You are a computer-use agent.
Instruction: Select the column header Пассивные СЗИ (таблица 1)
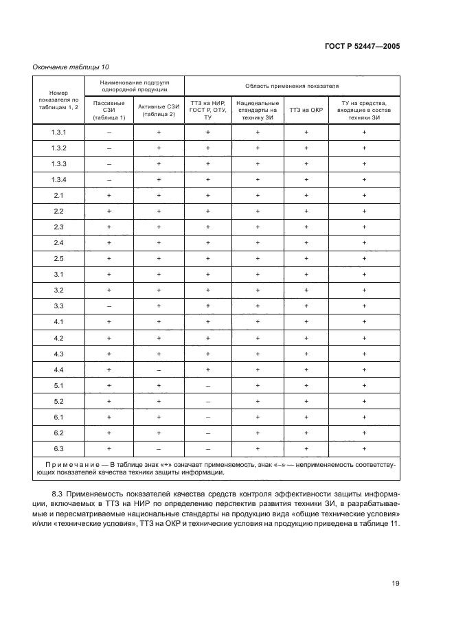(109, 109)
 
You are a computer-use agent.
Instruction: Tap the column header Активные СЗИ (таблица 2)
(158, 109)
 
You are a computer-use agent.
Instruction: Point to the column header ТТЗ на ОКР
(306, 110)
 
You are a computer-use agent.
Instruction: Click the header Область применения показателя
(293, 86)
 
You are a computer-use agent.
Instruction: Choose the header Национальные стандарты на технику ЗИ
(258, 109)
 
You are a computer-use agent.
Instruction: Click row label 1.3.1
(58, 132)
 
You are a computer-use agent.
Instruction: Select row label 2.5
(58, 258)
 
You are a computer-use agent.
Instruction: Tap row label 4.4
(58, 369)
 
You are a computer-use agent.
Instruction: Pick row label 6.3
(58, 448)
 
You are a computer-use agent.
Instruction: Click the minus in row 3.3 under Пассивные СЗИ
(109, 306)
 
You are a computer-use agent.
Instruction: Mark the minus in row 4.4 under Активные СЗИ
(158, 369)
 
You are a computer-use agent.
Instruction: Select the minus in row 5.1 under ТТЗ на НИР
(208, 385)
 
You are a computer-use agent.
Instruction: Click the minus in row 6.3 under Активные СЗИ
(158, 448)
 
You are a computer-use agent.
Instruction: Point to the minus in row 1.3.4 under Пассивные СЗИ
(109, 179)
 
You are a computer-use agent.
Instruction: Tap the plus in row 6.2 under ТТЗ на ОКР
(306, 433)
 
